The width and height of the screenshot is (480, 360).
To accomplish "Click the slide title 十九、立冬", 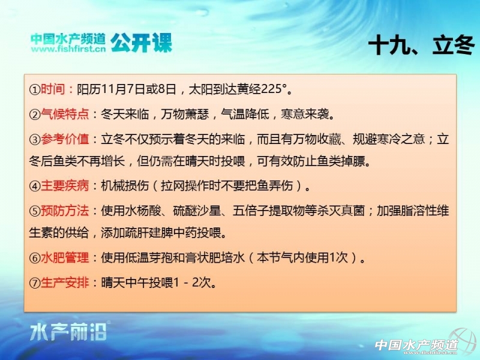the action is [x=422, y=44].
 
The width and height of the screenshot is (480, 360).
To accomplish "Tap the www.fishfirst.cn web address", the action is [x=68, y=49].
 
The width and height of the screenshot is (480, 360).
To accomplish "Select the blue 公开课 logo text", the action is [x=141, y=43].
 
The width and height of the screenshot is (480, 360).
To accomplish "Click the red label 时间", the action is [x=53, y=89].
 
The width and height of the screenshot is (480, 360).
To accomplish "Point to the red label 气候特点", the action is [x=65, y=114].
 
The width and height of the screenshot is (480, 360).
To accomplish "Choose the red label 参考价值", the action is [x=65, y=139].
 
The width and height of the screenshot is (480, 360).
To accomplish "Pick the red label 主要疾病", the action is [x=65, y=185].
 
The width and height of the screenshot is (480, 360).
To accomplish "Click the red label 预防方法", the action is [x=65, y=211].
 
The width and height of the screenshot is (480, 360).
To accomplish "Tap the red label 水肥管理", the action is [x=65, y=257].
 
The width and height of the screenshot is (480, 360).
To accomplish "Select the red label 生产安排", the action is [x=65, y=282].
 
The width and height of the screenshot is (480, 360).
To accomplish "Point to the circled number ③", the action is [x=35, y=140].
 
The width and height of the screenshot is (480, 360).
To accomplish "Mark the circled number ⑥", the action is [x=35, y=258].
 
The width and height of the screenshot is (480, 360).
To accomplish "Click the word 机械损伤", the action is [x=125, y=185].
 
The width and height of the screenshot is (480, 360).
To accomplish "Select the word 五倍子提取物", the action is [x=269, y=211].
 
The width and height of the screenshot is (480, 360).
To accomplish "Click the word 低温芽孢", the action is [x=149, y=257].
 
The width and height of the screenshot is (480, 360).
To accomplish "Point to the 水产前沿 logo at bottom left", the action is [x=68, y=332].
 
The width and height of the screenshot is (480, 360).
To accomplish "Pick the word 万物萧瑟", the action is [x=185, y=114].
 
